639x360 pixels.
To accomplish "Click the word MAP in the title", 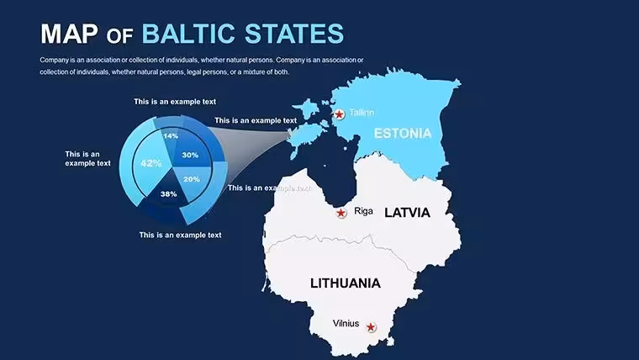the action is pos(69,34).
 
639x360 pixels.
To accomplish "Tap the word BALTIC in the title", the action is pos(188,34).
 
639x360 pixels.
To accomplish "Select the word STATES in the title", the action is pos(294,34).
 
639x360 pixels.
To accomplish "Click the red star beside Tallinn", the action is pos(339,114).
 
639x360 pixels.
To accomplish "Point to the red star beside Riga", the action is pos(341,213).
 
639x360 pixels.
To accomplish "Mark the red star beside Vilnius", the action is pos(371,327).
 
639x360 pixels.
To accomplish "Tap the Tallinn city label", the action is pos(362,112).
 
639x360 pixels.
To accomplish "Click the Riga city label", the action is pos(363,211).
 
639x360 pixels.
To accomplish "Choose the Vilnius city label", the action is pos(346,323).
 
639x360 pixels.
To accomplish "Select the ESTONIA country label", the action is pos(403,134).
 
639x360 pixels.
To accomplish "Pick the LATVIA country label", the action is pos(408,213).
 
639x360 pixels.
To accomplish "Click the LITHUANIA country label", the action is pos(346,283).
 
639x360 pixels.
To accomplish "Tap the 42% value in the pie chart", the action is pos(151,163).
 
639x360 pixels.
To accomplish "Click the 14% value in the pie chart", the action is pos(171,135).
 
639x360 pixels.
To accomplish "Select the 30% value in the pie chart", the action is pos(190,155).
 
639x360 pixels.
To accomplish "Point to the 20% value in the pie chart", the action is pos(192,179).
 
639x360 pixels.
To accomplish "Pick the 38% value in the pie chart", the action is pos(168,194).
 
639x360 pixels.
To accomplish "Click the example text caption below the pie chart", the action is pos(180,235).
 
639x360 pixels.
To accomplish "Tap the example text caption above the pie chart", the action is pos(175,102).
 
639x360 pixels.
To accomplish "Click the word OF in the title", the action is pos(119,37).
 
